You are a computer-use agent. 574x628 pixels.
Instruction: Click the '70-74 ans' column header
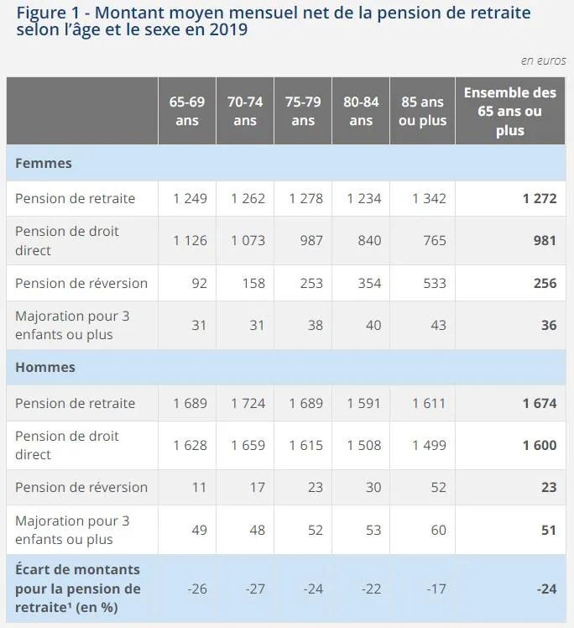(x=245, y=111)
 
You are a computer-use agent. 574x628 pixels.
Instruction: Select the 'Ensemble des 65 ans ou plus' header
(x=509, y=111)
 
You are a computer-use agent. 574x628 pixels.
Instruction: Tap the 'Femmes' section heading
(x=44, y=163)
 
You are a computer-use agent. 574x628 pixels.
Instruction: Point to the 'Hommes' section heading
(x=45, y=367)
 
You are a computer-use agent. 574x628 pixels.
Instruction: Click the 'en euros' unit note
(x=543, y=60)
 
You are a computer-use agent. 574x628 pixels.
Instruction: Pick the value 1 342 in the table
(x=429, y=199)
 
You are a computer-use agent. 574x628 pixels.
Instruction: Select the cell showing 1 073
(x=248, y=240)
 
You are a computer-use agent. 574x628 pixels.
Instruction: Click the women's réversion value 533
(x=433, y=283)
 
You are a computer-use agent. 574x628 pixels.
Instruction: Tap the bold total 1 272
(x=539, y=199)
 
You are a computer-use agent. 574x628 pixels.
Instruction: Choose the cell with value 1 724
(x=248, y=403)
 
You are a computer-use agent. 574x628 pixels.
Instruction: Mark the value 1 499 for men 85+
(x=429, y=445)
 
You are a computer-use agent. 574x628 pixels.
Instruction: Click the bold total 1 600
(x=539, y=445)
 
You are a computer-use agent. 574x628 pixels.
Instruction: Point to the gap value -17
(x=436, y=589)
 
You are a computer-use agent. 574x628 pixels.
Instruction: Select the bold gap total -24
(x=546, y=589)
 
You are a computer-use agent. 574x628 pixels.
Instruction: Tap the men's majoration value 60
(x=437, y=530)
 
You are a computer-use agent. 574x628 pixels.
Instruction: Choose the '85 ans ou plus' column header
(x=422, y=111)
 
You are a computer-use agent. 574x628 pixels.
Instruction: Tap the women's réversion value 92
(x=199, y=283)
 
